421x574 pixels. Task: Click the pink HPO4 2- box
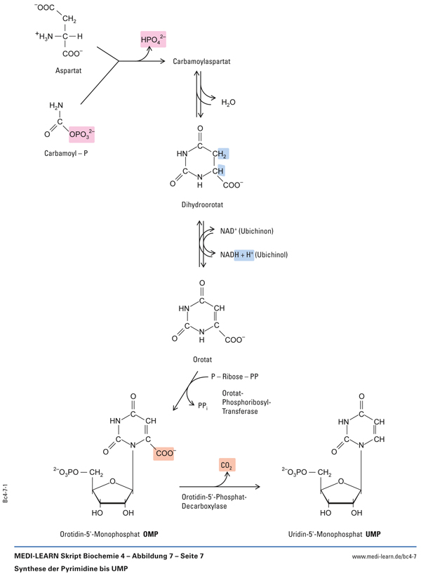click(x=154, y=40)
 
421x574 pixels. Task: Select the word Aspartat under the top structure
click(x=70, y=71)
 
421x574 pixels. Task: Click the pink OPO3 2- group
click(x=82, y=131)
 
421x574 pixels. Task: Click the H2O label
click(x=229, y=102)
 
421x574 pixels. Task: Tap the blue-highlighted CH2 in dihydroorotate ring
click(x=222, y=155)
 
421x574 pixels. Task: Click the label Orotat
click(x=201, y=360)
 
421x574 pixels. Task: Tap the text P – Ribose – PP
click(x=235, y=377)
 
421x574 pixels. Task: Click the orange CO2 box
click(x=225, y=465)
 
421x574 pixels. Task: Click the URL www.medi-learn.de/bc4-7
click(x=384, y=556)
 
